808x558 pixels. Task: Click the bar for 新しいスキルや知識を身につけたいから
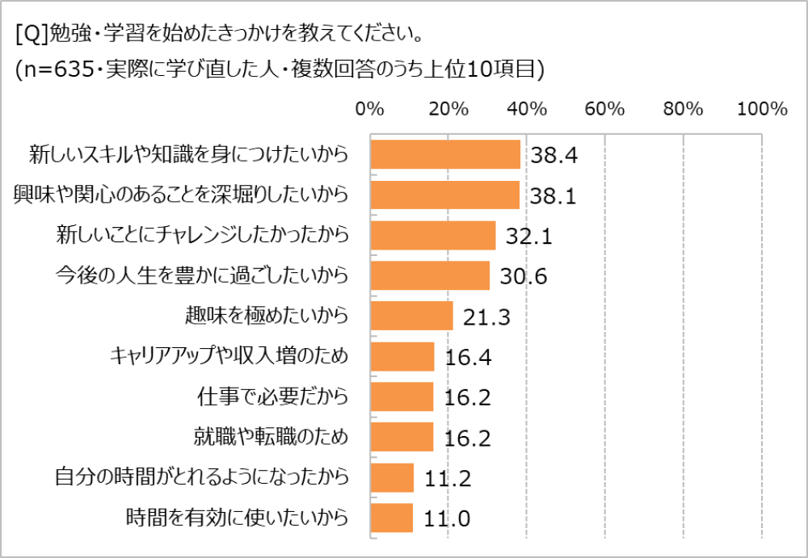445,154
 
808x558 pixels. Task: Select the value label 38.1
553,196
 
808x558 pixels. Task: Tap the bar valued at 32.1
432,235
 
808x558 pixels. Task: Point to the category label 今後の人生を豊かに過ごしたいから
201,275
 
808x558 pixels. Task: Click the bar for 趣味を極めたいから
411,316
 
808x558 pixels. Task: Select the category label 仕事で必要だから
273,396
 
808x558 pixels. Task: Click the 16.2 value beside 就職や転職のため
469,438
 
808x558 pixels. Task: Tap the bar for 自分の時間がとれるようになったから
392,477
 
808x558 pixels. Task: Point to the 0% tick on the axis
370,109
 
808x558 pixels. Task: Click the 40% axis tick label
528,109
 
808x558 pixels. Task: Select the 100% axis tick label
762,109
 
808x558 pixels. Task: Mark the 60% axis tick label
606,109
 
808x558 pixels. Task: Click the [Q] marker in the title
31,36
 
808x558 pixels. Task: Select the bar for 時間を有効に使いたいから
391,518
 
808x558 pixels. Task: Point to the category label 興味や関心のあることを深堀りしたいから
182,195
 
